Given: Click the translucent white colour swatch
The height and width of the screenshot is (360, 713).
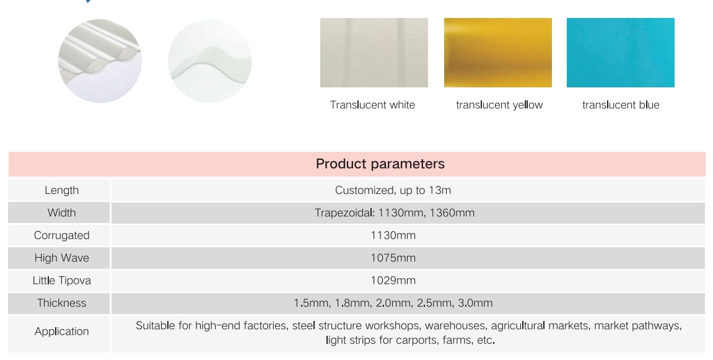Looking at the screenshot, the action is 374,52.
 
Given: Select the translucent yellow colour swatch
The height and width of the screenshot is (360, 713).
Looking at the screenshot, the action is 498,52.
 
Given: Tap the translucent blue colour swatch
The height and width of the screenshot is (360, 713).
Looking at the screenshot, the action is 621,52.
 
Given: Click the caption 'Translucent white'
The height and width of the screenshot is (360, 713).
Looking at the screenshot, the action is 372,105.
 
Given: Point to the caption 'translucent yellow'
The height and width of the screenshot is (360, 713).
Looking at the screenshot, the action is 499,105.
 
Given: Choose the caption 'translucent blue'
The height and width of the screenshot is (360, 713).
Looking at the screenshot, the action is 621,105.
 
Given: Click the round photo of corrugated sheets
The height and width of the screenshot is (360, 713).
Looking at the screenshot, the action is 100,61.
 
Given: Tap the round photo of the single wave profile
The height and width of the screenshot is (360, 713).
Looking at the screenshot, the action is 209,61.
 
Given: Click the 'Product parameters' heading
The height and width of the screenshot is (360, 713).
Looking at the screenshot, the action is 380,164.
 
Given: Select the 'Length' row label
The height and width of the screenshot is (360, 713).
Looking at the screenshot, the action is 62,190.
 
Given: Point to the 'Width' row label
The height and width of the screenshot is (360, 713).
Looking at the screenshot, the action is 62,213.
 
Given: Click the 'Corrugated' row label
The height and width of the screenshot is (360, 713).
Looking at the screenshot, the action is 62,235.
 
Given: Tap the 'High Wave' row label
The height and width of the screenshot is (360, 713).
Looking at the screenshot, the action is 62,258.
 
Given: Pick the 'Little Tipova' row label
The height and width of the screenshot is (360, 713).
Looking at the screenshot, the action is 62,280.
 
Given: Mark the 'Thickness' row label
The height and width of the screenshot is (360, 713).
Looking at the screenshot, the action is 62,302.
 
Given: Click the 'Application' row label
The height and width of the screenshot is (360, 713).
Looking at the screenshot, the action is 62,331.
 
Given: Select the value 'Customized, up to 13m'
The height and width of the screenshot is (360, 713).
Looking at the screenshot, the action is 393,190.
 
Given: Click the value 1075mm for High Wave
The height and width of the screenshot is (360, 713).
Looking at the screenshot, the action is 393,258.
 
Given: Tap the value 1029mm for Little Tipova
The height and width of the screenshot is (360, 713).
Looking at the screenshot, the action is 393,280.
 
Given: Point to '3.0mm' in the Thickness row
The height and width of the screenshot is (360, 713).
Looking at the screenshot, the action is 475,302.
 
